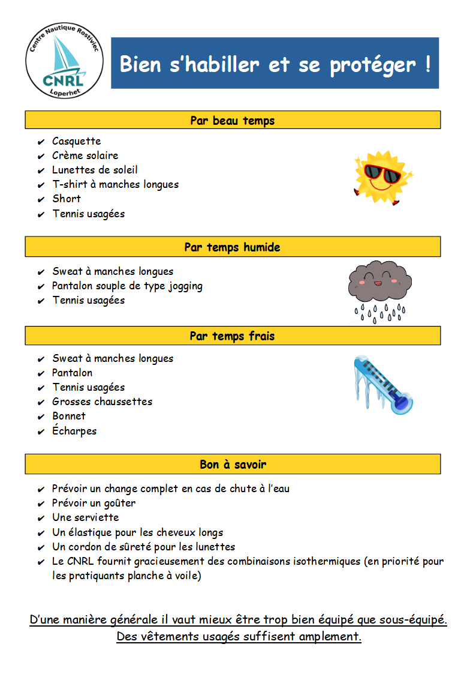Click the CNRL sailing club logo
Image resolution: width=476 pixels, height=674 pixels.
(65, 59)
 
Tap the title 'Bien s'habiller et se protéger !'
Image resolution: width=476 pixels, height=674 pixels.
(275, 64)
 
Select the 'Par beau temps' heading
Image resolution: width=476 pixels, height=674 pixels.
(233, 120)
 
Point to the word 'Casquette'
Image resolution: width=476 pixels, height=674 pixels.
(76, 141)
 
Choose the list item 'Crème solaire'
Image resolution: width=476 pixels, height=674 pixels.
(85, 155)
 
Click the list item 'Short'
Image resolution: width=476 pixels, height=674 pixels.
(66, 199)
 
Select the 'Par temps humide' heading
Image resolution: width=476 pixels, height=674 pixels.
(233, 247)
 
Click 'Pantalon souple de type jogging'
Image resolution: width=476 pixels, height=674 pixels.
(127, 286)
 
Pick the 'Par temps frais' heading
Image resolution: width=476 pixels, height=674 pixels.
(233, 335)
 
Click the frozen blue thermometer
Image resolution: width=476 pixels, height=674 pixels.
(382, 385)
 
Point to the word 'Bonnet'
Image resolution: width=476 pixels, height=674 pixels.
(69, 416)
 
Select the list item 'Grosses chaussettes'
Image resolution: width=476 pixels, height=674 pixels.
(102, 402)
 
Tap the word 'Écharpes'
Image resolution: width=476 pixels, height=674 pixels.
(74, 431)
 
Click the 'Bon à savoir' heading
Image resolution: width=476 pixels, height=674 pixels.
(233, 464)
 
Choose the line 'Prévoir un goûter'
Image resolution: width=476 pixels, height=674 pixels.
(94, 503)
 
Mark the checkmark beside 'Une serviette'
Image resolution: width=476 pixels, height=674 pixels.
(41, 518)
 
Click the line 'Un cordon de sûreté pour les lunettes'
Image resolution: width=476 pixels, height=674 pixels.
(143, 547)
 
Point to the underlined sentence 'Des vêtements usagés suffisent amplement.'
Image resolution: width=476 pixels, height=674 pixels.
(239, 636)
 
